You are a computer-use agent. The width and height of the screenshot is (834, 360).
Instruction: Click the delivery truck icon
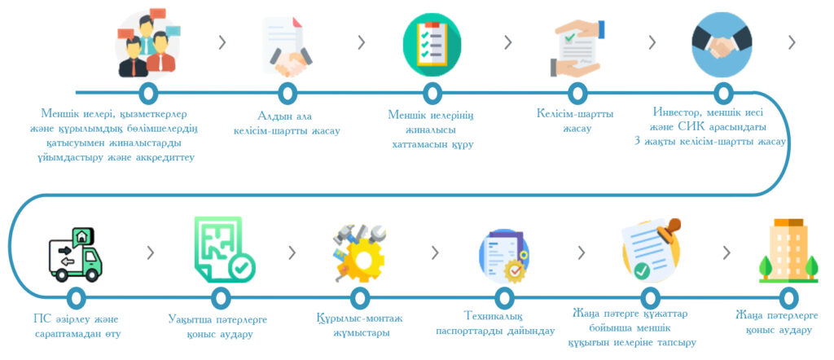click(x=75, y=255)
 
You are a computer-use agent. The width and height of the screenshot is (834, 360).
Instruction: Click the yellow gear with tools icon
click(x=359, y=252)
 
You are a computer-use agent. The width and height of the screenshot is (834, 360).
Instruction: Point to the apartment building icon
click(x=788, y=250)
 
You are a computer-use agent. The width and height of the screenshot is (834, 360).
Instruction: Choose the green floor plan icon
click(x=224, y=249)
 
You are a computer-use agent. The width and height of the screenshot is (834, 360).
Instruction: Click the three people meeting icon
click(x=147, y=42)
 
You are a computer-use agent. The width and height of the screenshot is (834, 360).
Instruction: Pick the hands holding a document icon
click(x=576, y=48)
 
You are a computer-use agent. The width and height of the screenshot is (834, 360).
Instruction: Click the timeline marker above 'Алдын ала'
click(x=288, y=93)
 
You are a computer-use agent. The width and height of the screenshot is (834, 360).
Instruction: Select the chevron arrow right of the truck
click(x=151, y=253)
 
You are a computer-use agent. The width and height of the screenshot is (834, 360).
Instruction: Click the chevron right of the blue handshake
click(x=792, y=42)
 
